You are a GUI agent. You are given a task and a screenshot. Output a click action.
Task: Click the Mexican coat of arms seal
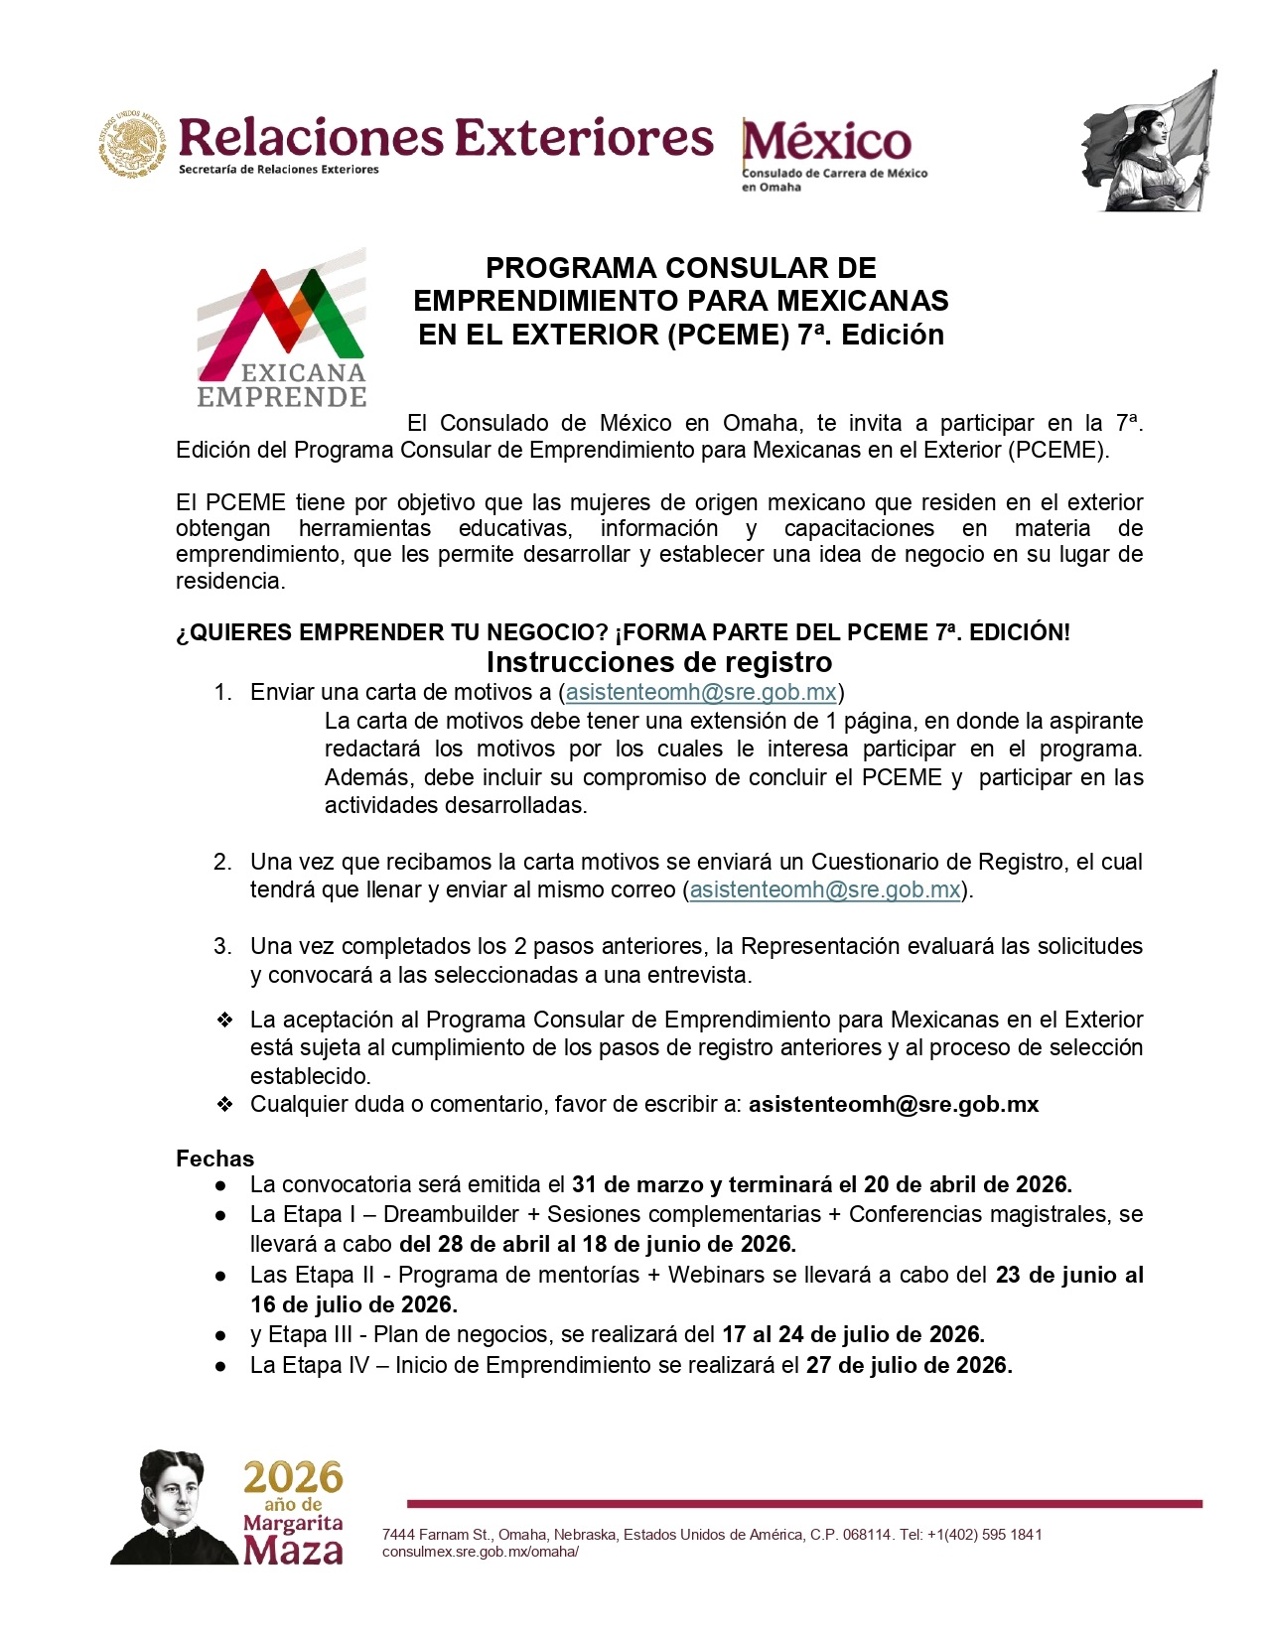point(132,145)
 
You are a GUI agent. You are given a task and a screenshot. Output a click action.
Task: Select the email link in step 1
point(701,692)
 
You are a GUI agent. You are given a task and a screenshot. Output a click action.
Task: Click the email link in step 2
point(825,889)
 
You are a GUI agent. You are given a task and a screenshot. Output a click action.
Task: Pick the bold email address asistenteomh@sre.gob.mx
point(894,1104)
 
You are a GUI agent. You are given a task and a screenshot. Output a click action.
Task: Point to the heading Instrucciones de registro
point(659,662)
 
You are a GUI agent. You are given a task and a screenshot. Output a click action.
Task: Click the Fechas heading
point(214,1159)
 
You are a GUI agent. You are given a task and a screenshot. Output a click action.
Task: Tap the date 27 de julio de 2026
point(909,1365)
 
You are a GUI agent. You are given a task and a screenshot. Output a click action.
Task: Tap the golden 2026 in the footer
point(294,1478)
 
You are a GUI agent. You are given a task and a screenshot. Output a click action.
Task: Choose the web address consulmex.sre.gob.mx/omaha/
point(481,1552)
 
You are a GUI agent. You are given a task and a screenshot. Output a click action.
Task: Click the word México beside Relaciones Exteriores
point(826,141)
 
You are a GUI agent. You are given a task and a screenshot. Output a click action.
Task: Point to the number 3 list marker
point(222,946)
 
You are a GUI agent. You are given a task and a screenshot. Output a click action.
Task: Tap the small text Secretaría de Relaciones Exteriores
point(279,170)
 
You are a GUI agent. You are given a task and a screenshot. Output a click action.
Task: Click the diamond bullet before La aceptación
point(224,1020)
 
